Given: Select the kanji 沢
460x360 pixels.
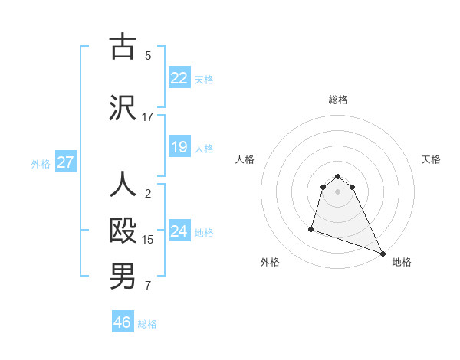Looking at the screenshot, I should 123,107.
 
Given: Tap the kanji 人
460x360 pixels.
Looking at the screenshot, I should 123,185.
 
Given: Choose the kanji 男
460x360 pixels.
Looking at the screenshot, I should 123,277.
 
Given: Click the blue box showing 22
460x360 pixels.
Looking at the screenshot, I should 179,78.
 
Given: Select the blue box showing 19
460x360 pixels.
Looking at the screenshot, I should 179,147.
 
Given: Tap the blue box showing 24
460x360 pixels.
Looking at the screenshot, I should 179,231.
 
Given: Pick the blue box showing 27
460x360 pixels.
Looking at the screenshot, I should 65,162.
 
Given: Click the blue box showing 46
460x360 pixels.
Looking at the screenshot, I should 123,322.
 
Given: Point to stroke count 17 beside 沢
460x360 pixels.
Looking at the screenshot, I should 147,117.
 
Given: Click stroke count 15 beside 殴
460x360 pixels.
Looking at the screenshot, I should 148,240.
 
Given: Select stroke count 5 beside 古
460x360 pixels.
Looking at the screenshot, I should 148,55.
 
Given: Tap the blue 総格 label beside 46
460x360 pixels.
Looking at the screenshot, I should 147,324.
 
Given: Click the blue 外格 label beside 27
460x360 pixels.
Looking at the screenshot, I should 41,163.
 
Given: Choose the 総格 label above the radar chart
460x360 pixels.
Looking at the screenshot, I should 338,100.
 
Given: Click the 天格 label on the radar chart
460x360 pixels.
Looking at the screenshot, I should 432,159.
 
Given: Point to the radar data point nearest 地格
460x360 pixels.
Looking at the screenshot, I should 383,254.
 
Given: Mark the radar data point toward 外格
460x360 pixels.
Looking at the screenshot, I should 311,228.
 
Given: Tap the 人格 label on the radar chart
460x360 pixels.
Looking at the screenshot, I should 245,159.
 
